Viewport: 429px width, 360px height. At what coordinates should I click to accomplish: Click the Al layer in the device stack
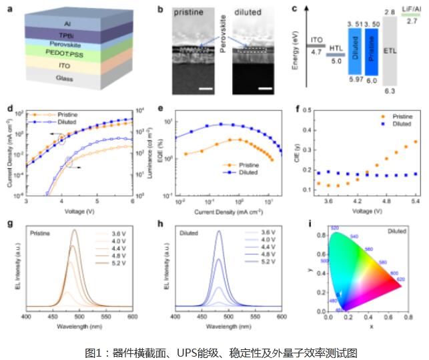[67, 23]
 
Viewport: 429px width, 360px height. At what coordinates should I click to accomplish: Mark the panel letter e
[160, 108]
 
